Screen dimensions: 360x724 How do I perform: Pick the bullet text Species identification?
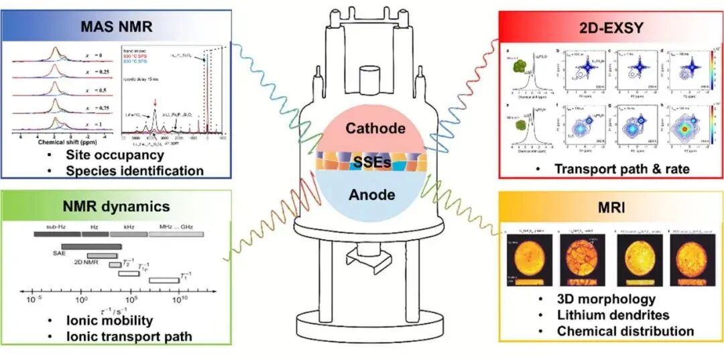point(134,170)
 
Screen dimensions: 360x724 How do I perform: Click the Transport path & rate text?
point(621,170)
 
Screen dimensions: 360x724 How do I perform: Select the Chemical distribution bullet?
point(625,331)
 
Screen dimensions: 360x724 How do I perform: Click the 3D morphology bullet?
point(606,299)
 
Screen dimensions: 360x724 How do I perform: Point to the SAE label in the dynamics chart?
point(59,254)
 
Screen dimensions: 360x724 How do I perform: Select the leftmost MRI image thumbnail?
point(530,258)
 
